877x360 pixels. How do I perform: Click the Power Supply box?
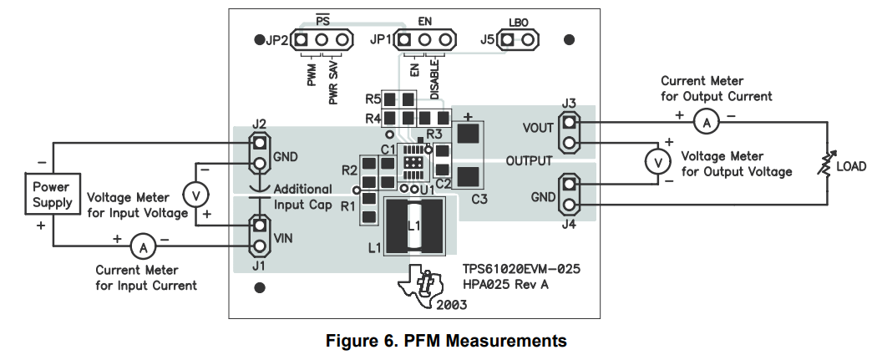(52, 195)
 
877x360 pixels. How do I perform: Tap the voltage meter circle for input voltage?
(195, 195)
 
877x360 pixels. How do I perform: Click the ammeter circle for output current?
(706, 123)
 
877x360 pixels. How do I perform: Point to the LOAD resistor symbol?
(826, 166)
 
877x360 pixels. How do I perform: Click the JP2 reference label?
(277, 40)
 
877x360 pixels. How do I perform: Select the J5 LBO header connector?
(518, 39)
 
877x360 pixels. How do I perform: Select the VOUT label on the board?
(538, 128)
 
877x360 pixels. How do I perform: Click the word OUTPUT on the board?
(530, 160)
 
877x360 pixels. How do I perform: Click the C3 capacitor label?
(479, 199)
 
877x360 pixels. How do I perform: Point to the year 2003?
(451, 306)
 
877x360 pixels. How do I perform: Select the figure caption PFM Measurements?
(446, 341)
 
